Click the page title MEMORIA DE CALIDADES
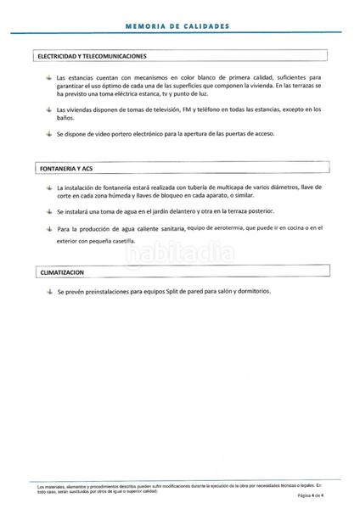[177, 26]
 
